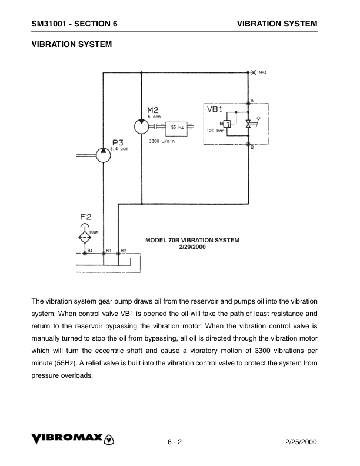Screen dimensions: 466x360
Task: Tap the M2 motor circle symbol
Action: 141,127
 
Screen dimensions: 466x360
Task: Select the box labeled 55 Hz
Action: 176,127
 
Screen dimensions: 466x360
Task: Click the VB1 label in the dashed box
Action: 214,109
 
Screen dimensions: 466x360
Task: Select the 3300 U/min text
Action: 161,142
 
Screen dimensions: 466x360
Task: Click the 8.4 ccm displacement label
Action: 120,148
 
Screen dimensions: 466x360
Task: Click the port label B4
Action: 90,251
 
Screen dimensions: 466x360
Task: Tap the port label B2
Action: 124,251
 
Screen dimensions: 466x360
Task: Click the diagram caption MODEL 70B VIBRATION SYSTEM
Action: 192,240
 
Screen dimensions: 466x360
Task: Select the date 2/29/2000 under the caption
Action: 192,247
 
